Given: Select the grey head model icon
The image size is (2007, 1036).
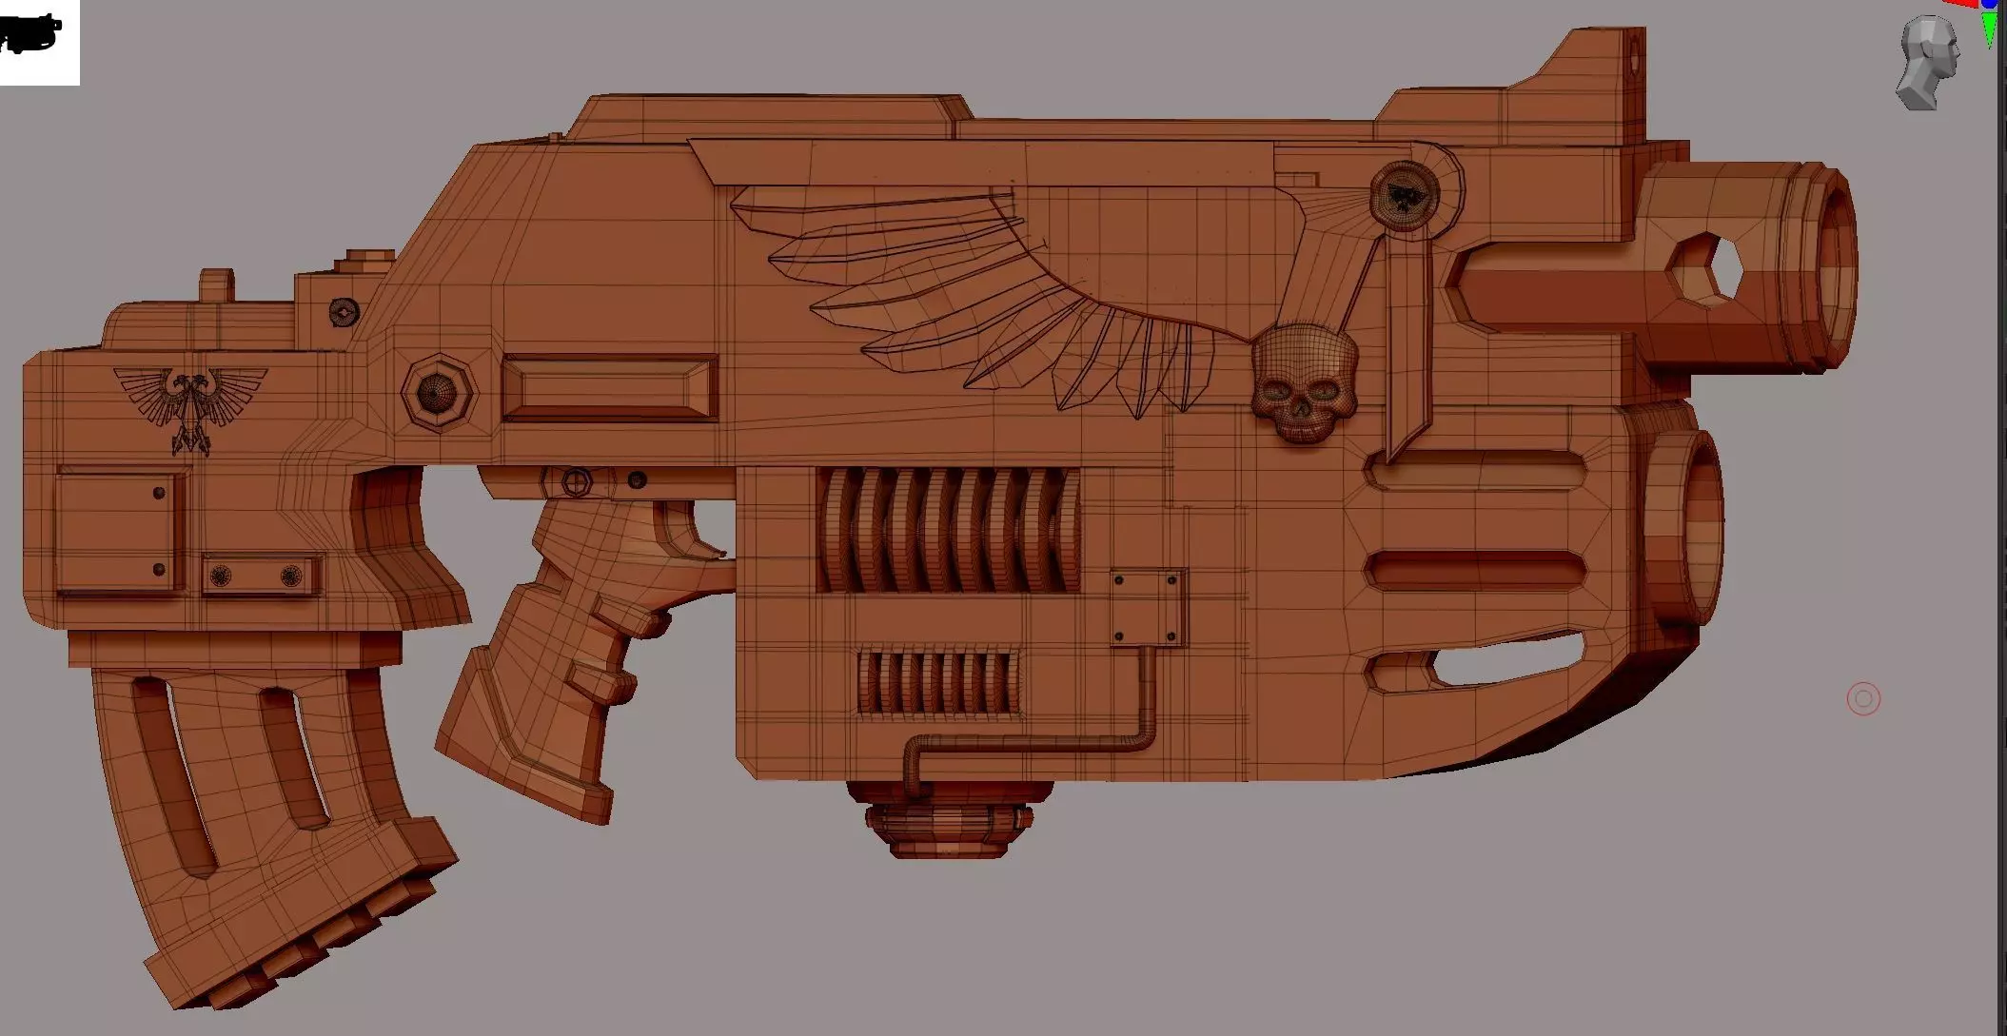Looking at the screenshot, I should [1927, 61].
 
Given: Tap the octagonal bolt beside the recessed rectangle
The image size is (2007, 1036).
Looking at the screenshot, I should [437, 392].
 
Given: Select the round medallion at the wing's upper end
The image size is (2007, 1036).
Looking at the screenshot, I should [1403, 194].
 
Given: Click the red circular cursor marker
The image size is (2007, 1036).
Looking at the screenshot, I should [1863, 699].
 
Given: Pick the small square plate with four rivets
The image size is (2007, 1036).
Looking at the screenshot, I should [1147, 608].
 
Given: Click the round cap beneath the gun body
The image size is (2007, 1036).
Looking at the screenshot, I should [948, 821].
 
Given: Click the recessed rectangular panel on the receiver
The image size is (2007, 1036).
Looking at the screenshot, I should [609, 388].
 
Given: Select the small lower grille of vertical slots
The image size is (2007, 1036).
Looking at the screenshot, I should [937, 682].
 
